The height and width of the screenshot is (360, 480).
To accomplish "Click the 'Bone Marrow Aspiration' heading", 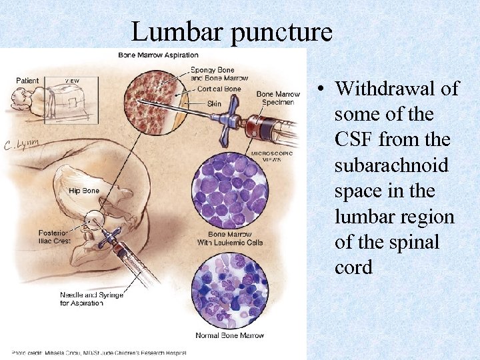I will coord(158,55).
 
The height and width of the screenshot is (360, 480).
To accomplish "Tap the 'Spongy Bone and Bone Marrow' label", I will coord(219,74).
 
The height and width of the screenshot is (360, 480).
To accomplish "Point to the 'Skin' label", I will coord(214,104).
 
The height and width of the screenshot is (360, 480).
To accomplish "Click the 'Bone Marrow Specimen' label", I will coord(278,98).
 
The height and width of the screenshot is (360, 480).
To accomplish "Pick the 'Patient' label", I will coord(27,81).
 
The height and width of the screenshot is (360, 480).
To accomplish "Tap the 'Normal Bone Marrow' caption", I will coord(229,335).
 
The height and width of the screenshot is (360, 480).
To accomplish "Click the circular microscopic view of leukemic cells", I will coord(229,192).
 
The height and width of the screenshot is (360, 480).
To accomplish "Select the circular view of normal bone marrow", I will coord(229,291).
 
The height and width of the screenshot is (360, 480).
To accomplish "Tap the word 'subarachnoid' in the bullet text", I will coord(391,165).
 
